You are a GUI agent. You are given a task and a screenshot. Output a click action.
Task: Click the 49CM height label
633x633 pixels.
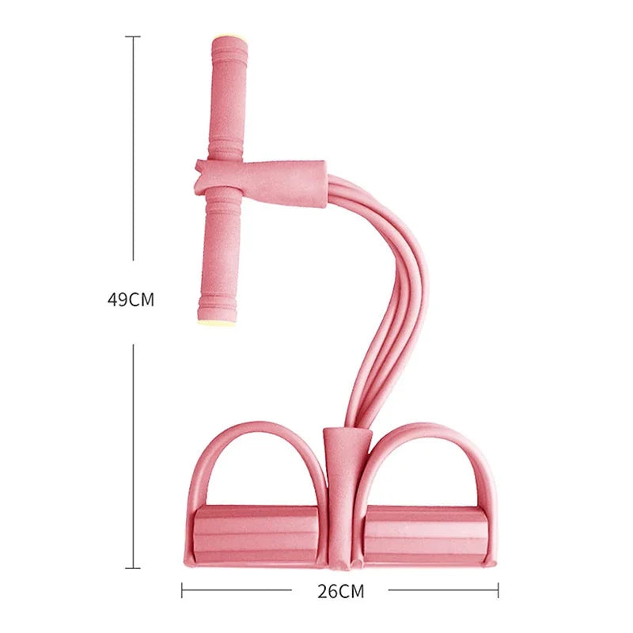point(131,301)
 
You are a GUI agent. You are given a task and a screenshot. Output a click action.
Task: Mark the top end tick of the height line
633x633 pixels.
point(133,36)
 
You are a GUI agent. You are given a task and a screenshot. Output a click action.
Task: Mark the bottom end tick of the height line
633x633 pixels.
point(133,567)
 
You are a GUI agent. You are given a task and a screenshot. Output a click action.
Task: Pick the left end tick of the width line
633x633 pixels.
point(182,590)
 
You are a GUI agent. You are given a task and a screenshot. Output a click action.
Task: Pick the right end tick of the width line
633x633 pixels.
point(498,590)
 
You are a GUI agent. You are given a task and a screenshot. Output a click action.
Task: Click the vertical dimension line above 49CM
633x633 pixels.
point(133,150)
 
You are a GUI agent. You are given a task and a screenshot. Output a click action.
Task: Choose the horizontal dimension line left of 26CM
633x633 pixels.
point(237,590)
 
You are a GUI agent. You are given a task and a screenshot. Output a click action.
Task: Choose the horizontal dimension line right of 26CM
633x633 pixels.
point(443,590)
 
